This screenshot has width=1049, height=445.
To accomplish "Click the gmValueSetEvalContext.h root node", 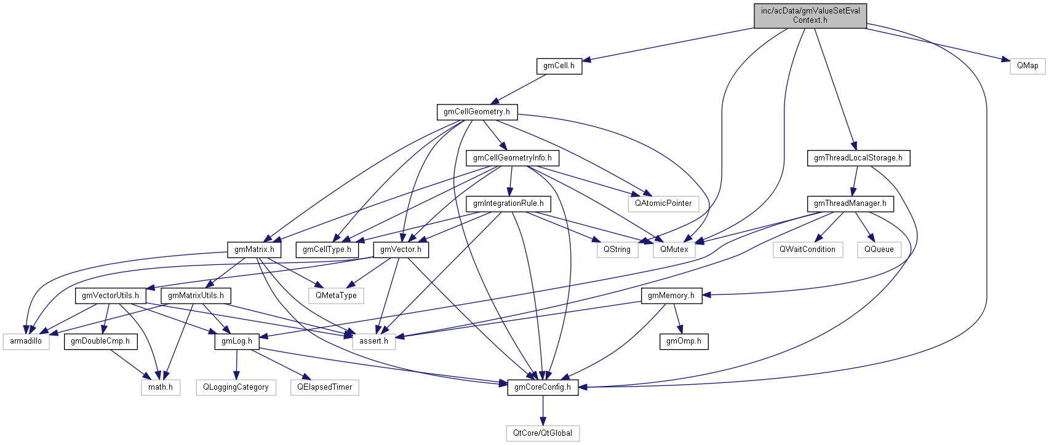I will coord(810,15).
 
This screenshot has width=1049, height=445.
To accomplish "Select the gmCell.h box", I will coord(559,66).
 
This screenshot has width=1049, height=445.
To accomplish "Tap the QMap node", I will coord(1027,66).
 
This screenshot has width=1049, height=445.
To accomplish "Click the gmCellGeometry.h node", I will coord(477,112).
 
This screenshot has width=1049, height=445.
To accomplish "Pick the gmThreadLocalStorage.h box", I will coord(858,158).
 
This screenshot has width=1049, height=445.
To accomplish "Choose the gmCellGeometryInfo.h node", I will coord(512,158).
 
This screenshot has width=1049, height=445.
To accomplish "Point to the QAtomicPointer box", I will coord(663,203).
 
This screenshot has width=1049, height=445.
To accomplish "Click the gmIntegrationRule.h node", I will coord(508,203).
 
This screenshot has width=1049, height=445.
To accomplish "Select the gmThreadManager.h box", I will coord(850,203).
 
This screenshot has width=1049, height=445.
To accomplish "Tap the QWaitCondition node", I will coord(807,250).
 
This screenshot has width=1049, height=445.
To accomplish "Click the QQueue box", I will coord(879,250).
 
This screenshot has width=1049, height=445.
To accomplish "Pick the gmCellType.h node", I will coord(327,250).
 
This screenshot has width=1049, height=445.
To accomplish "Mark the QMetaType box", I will coord(336,296).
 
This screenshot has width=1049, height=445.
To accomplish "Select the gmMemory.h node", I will coord(671,296).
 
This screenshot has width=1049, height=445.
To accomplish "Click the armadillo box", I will coord(26,341).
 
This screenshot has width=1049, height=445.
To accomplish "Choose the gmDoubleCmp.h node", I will coord(100,341).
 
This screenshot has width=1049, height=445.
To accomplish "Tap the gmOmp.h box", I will coord(684,341).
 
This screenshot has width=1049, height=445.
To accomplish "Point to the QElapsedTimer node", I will coord(324,387).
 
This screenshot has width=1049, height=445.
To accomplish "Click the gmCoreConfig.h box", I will coord(542,387).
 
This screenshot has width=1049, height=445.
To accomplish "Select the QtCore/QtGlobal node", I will coord(542,433).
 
